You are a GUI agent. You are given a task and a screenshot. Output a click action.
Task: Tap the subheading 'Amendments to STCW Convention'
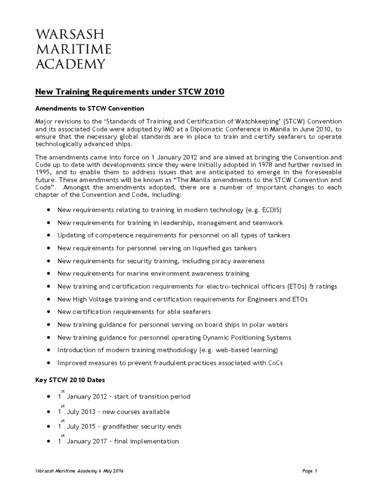click(x=90, y=108)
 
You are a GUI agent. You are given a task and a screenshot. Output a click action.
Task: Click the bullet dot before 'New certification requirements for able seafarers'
click(x=50, y=312)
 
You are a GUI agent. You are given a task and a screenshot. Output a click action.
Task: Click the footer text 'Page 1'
click(x=308, y=471)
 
